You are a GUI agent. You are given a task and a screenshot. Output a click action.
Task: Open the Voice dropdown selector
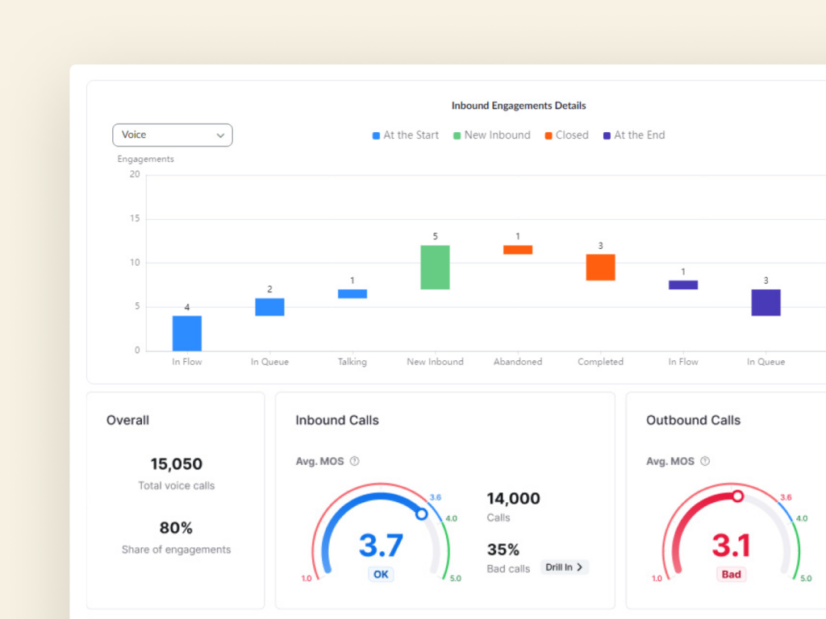point(172,135)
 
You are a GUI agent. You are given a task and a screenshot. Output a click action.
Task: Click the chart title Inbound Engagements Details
point(518,106)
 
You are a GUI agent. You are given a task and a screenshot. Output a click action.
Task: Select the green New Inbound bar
point(435,267)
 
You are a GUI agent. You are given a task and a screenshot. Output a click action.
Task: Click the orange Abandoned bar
point(518,250)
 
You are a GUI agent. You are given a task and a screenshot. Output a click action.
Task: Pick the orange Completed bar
point(600,267)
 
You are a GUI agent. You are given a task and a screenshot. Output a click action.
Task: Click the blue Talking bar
point(353,293)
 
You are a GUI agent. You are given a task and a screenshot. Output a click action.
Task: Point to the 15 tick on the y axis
point(135,218)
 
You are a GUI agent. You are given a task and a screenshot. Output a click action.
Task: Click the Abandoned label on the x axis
point(518,362)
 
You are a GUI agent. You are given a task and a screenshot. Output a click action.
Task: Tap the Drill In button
point(565,567)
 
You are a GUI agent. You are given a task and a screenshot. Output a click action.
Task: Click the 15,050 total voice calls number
point(176,464)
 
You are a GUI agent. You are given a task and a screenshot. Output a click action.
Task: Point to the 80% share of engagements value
point(176,528)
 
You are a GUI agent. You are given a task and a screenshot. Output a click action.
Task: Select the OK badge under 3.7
point(381,575)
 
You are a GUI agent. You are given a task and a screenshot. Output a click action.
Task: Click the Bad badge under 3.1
point(732,575)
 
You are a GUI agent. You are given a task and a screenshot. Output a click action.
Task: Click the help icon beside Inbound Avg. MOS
point(355,462)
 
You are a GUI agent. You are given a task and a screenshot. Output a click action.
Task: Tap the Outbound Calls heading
point(693,420)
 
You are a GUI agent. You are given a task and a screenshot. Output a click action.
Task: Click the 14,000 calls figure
point(514,499)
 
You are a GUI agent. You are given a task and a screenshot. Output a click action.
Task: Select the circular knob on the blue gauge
point(421,513)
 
